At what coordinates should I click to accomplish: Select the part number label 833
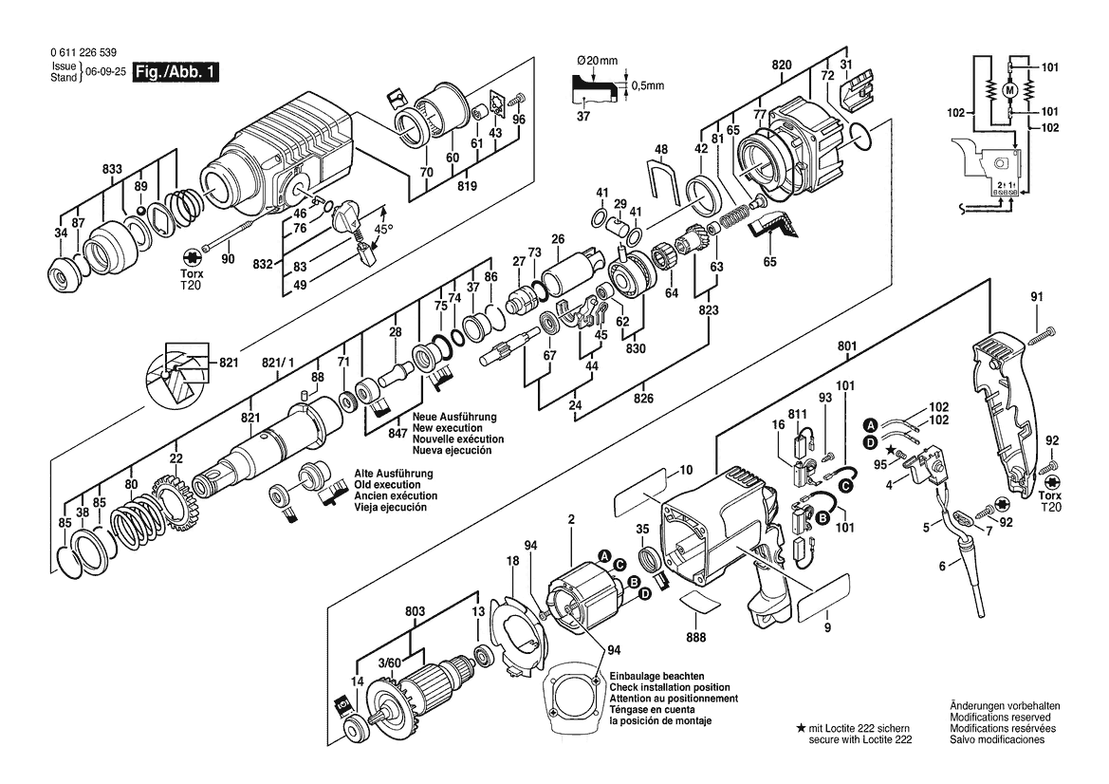click(112, 169)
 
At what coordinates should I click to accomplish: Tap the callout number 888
click(696, 638)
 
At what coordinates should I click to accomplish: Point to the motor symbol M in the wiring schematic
click(1009, 90)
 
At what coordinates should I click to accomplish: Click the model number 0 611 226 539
click(83, 52)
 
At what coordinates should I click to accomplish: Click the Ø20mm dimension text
click(598, 61)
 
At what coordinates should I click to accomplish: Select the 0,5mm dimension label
click(648, 85)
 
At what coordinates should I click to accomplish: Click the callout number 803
click(416, 611)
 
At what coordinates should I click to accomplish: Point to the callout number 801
click(846, 346)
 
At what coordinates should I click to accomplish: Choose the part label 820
click(782, 65)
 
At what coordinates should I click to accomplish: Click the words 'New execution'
click(447, 428)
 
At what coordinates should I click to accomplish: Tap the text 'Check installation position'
click(670, 687)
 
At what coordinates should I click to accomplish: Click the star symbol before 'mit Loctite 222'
click(801, 728)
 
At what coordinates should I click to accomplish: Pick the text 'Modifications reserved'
click(1000, 718)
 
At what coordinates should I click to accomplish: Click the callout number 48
click(660, 149)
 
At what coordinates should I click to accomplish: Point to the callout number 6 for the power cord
click(942, 566)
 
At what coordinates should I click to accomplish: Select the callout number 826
click(643, 399)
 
